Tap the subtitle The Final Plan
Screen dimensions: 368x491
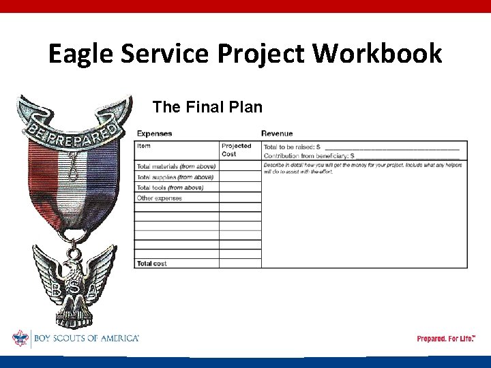[207, 107]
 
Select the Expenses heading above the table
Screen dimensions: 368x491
[154, 134]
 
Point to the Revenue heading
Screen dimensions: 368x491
[277, 134]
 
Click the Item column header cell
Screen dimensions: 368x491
[144, 146]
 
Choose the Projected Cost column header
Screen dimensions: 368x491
[237, 150]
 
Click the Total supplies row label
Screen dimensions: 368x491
[175, 177]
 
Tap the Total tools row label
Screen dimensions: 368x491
[170, 187]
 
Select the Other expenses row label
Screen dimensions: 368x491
[160, 198]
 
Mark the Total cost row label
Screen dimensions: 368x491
[151, 263]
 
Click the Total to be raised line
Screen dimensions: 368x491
[361, 147]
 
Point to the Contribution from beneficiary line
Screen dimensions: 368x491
[361, 156]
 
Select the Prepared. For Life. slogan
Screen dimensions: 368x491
[446, 339]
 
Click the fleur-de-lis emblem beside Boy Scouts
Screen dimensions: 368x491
[20, 338]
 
